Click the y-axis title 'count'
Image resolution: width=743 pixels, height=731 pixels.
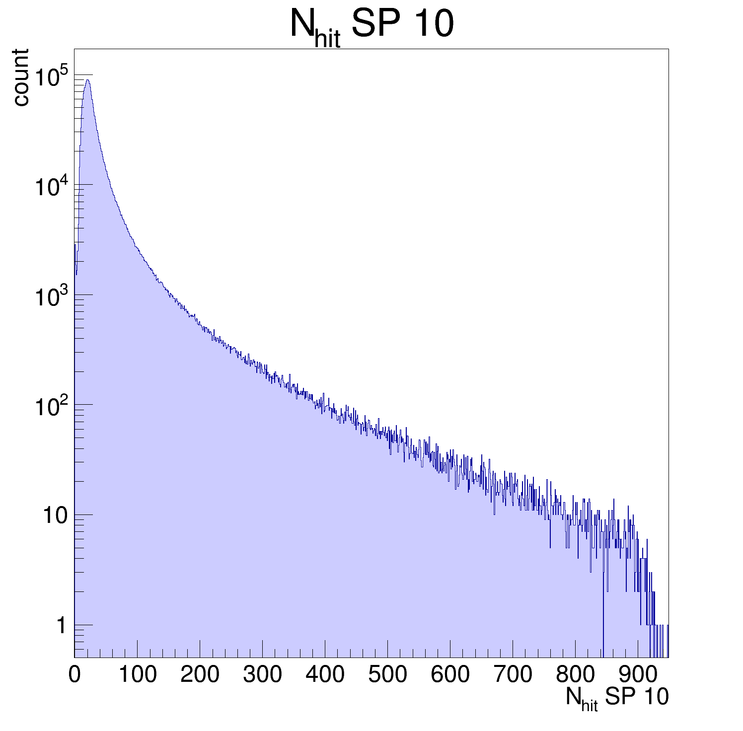pyautogui.click(x=21, y=77)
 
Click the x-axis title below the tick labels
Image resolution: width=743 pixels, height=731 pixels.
pyautogui.click(x=617, y=698)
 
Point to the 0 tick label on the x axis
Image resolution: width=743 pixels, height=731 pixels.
pyautogui.click(x=74, y=675)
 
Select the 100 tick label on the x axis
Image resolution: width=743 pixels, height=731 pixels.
pyautogui.click(x=137, y=675)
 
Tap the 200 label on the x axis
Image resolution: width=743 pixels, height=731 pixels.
pyautogui.click(x=200, y=675)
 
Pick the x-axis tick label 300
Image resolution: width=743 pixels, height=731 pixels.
pyautogui.click(x=262, y=675)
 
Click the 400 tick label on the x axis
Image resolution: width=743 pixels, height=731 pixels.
pyautogui.click(x=325, y=675)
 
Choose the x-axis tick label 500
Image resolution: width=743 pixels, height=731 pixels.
pyautogui.click(x=387, y=675)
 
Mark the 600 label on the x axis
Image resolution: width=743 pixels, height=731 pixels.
pyautogui.click(x=450, y=675)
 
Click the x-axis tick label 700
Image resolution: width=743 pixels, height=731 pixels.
pyautogui.click(x=513, y=675)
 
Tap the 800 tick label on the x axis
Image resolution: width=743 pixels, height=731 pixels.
pyautogui.click(x=575, y=675)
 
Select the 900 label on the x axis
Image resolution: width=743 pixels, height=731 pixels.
pyautogui.click(x=638, y=675)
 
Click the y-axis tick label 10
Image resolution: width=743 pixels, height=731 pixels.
pyautogui.click(x=55, y=516)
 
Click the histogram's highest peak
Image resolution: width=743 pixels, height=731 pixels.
pyautogui.click(x=87, y=80)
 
